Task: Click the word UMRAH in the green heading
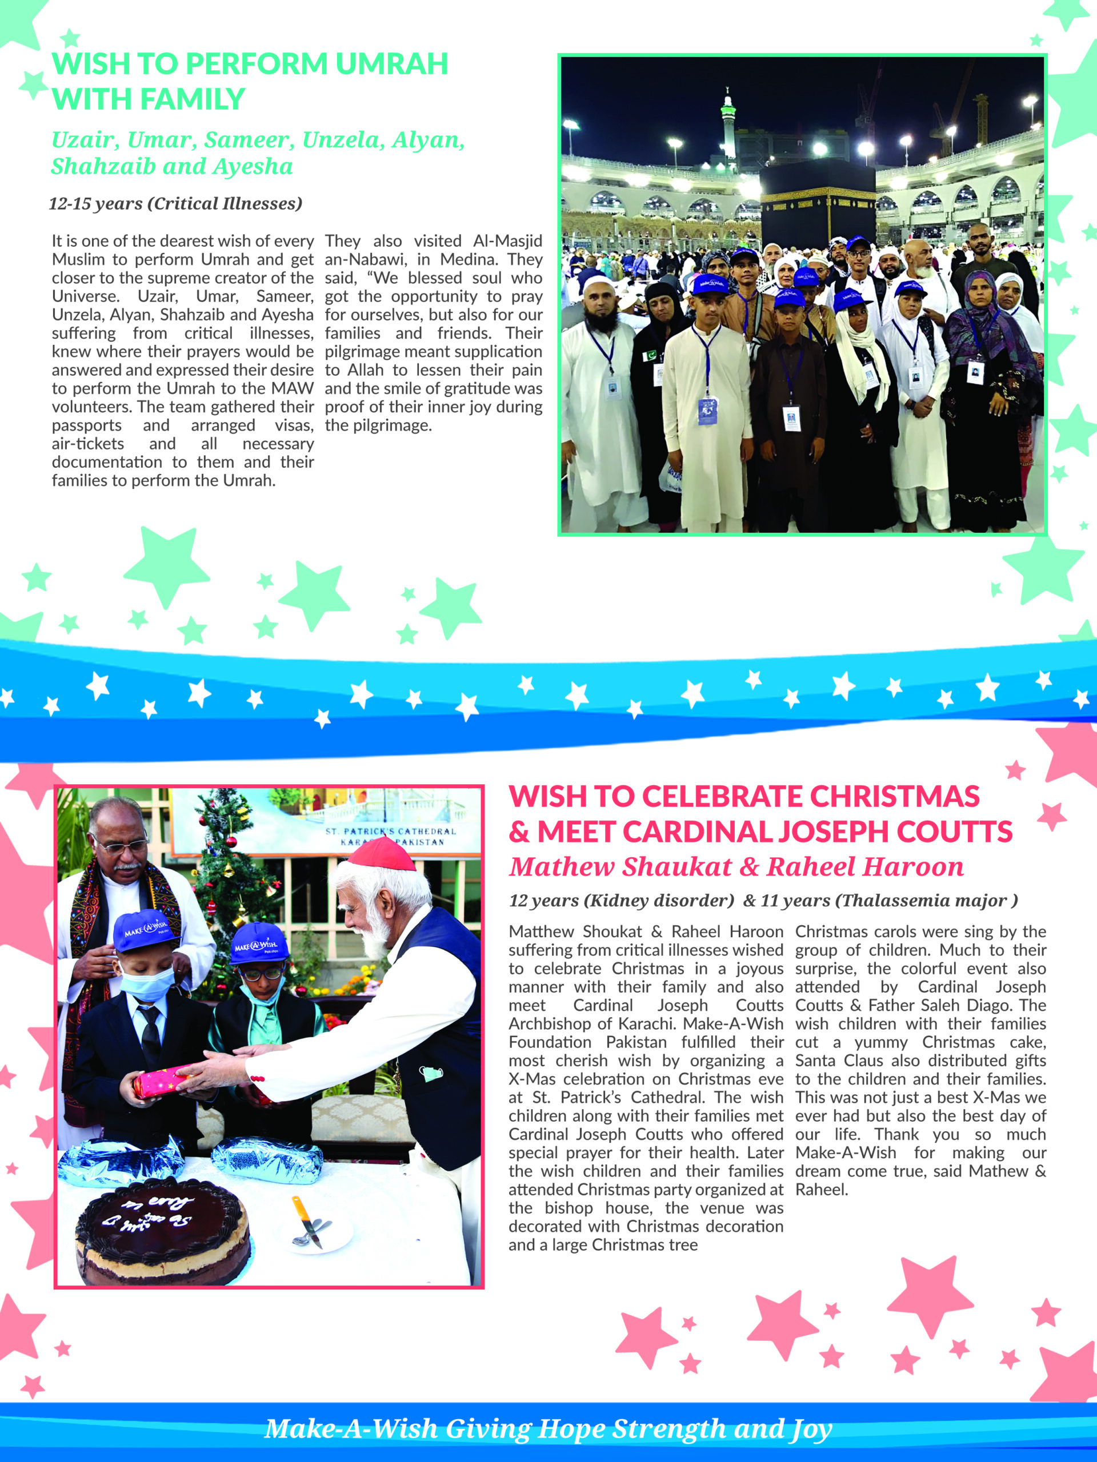coord(391,64)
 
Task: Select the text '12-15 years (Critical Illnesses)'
coord(175,203)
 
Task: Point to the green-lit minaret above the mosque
coord(728,122)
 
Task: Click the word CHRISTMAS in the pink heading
coord(894,797)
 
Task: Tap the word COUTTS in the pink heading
coord(955,832)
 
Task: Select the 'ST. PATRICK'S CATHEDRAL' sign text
coord(390,832)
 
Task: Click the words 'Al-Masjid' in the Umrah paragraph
coord(507,241)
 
